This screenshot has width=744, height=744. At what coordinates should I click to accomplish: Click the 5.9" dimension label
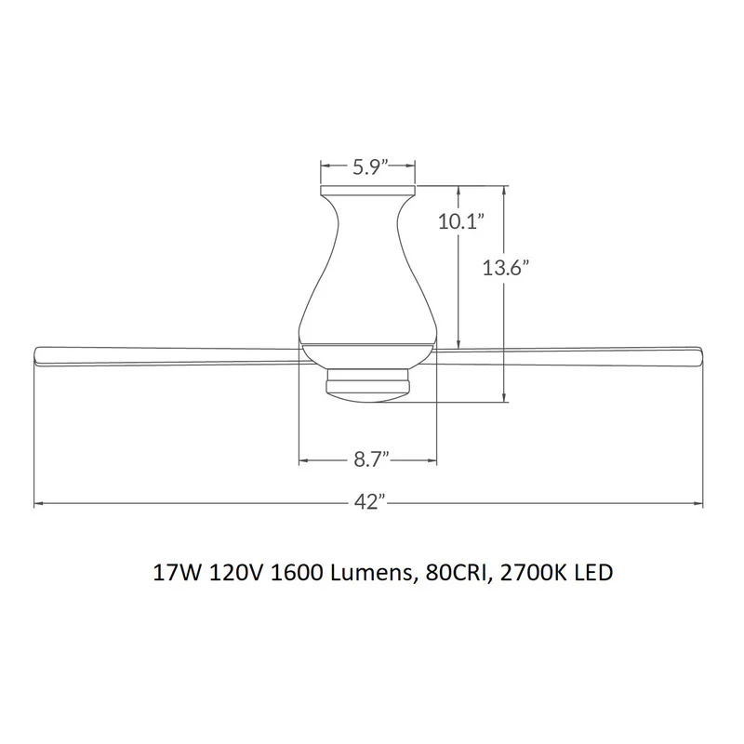(x=370, y=167)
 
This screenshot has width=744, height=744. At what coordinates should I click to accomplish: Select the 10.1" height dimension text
(x=459, y=221)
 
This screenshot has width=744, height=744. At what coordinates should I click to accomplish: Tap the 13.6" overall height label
(x=506, y=268)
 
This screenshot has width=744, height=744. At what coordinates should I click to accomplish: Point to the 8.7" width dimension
(x=371, y=459)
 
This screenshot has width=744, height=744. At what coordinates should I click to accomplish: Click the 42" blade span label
(x=368, y=502)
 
